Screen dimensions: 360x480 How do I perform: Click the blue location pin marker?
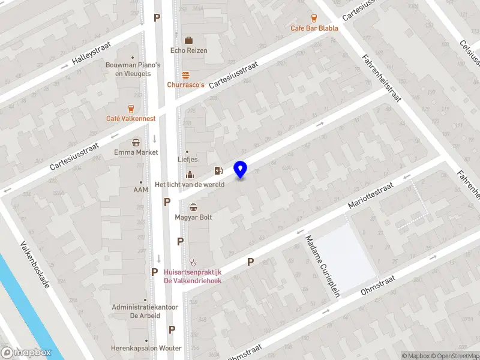click(x=241, y=170)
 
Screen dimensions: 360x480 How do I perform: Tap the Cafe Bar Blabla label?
click(x=314, y=28)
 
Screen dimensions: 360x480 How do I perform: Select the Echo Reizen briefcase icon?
click(x=188, y=40)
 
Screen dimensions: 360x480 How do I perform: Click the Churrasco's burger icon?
click(x=186, y=75)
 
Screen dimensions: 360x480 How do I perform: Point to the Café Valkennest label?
click(x=131, y=119)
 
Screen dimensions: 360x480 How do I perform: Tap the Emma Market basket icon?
click(x=137, y=143)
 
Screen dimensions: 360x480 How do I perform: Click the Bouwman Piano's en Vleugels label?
click(x=133, y=69)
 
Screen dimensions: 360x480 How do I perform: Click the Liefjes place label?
click(x=188, y=160)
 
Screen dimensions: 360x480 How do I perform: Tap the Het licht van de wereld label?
click(x=190, y=184)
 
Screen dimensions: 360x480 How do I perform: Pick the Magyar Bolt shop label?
click(x=193, y=217)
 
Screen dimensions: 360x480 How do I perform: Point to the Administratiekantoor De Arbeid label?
click(x=145, y=311)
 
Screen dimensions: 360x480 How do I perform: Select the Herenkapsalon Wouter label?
click(x=146, y=348)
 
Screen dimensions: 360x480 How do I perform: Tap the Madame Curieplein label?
click(x=322, y=265)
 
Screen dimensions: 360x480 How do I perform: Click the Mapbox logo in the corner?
click(x=26, y=352)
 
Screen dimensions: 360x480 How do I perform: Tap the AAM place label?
click(x=140, y=190)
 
